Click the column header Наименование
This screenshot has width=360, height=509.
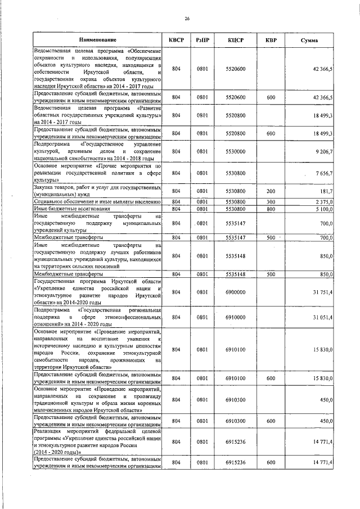click(98, 40)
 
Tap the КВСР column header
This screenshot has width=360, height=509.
click(176, 40)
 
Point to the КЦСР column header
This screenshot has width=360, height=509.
click(236, 40)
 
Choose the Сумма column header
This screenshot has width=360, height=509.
click(309, 40)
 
